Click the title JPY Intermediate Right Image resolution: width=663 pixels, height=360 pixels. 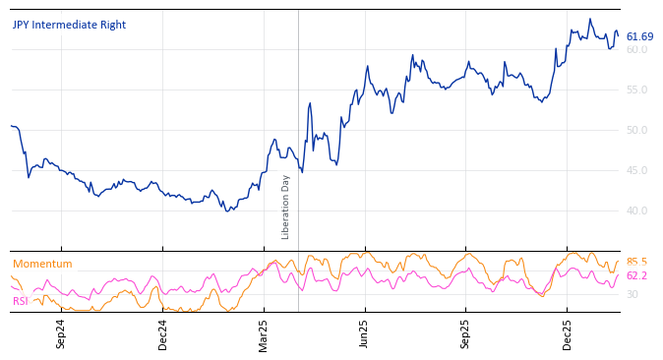pos(69,26)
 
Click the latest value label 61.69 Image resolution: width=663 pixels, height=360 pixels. pos(639,37)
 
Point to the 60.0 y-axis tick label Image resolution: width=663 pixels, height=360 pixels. pos(637,50)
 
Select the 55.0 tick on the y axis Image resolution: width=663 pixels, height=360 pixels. pos(637,90)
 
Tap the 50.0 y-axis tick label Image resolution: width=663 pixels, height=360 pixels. pos(637,131)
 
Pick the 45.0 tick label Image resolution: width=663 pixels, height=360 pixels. pos(637,171)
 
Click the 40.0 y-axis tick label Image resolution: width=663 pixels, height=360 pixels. pos(637,211)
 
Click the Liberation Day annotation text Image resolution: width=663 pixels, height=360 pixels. pos(286,207)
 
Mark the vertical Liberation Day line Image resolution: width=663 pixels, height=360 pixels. pos(298,118)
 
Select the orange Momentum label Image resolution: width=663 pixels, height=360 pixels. pos(42,265)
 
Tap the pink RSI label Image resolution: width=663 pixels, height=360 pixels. pos(21,302)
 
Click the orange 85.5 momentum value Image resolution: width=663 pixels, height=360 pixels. pos(636,263)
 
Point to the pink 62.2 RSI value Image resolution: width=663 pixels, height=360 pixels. pos(636,276)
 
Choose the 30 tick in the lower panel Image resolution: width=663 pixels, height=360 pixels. pos(632,295)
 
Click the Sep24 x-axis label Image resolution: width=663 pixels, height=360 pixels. pos(61,333)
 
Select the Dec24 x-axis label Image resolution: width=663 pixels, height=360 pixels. pos(162,333)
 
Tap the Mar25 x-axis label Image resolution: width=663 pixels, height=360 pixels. pos(264,333)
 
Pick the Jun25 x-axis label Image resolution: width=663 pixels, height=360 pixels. pos(365,333)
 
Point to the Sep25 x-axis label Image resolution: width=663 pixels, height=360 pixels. pos(466,333)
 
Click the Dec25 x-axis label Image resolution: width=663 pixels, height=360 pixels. pos(568,333)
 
